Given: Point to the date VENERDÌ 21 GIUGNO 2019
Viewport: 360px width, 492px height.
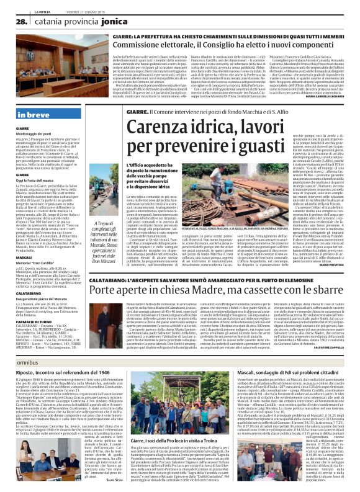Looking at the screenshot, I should click(x=76, y=3).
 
